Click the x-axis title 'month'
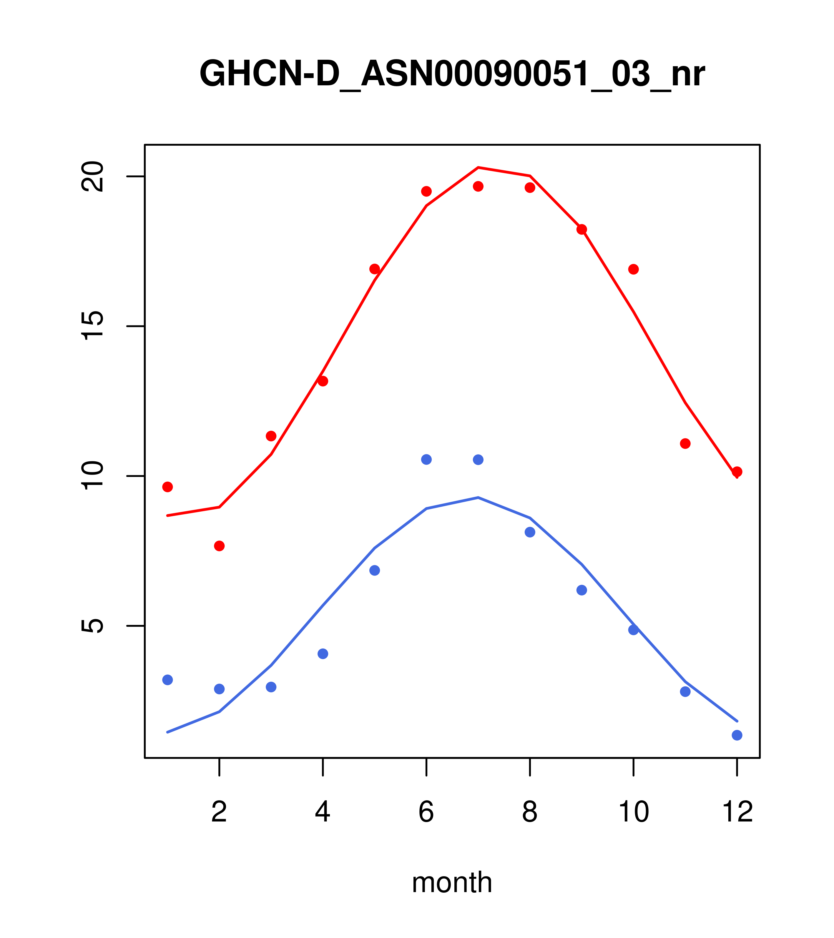pos(452,882)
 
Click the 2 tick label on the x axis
pos(220,812)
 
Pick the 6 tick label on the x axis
pos(426,812)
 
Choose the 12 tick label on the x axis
pos(737,812)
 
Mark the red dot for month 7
pos(478,186)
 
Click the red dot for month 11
pos(685,444)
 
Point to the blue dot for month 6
pos(426,459)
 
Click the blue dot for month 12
pos(737,736)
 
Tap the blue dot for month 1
pos(167,680)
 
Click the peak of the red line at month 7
pos(478,167)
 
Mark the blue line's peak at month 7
pos(478,498)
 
